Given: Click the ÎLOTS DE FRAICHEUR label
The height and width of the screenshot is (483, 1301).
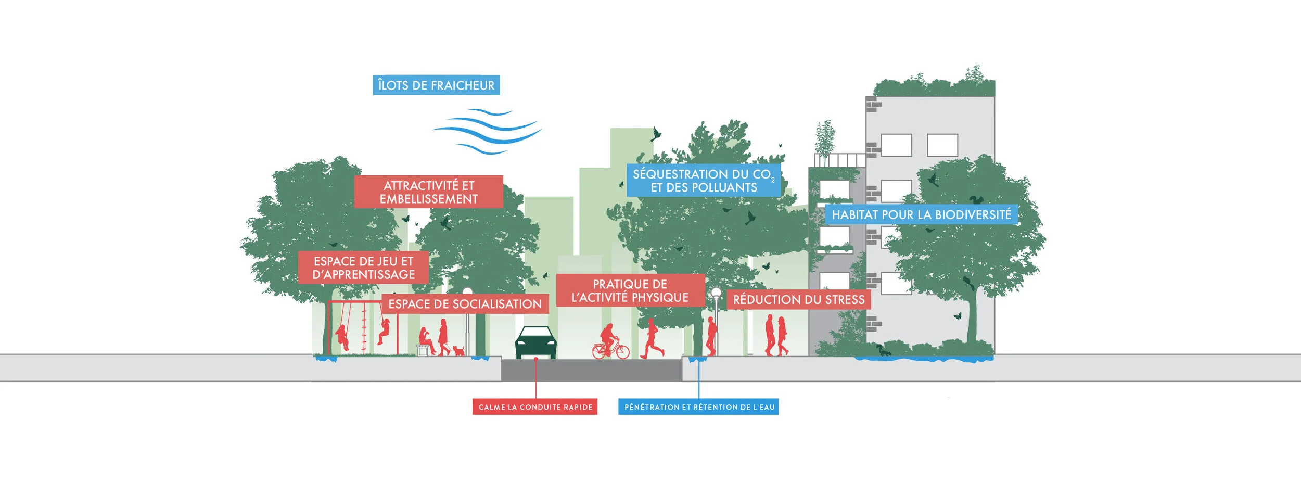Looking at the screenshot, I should [x=436, y=85].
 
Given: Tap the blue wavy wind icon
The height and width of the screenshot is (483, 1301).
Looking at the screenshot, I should [x=487, y=131].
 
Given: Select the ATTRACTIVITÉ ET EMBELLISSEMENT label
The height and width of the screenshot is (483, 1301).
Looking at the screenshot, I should [x=428, y=192].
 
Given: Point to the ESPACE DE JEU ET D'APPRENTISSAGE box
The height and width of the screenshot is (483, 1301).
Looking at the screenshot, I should [x=363, y=268].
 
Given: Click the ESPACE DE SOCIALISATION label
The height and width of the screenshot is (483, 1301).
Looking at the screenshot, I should [x=465, y=304].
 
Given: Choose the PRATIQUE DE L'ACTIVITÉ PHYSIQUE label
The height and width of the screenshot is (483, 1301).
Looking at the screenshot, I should [x=630, y=290].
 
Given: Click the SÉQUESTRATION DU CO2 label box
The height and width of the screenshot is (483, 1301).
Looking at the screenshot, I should [x=703, y=181].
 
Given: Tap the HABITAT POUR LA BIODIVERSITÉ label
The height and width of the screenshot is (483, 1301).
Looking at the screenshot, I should [x=921, y=214].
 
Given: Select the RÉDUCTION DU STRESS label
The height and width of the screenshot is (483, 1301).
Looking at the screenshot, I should [x=798, y=300].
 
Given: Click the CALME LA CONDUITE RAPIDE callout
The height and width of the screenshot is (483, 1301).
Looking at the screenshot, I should [x=535, y=407].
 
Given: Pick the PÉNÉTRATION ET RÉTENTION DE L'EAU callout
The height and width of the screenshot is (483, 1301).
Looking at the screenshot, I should [x=698, y=407].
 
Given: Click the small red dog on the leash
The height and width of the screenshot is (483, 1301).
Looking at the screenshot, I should [x=458, y=350].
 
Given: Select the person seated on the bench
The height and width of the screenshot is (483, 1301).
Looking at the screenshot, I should [x=427, y=341].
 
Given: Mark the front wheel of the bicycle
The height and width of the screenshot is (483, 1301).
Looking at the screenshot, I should [x=622, y=352].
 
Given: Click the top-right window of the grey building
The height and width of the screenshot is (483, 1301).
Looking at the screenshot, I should [x=942, y=145].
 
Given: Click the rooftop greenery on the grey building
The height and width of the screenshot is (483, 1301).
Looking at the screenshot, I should [x=934, y=86].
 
